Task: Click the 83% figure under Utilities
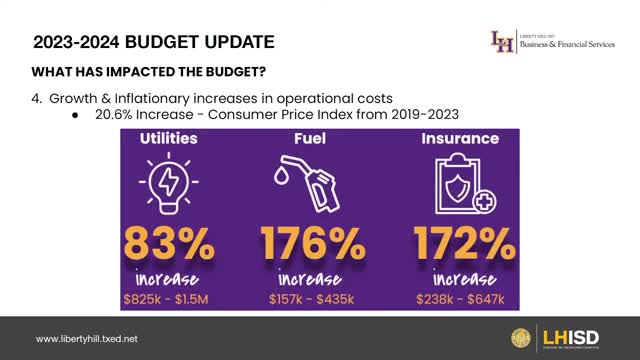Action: pyautogui.click(x=169, y=243)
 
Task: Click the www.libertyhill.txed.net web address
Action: pyautogui.click(x=87, y=339)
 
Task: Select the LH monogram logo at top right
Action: pyautogui.click(x=503, y=42)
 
